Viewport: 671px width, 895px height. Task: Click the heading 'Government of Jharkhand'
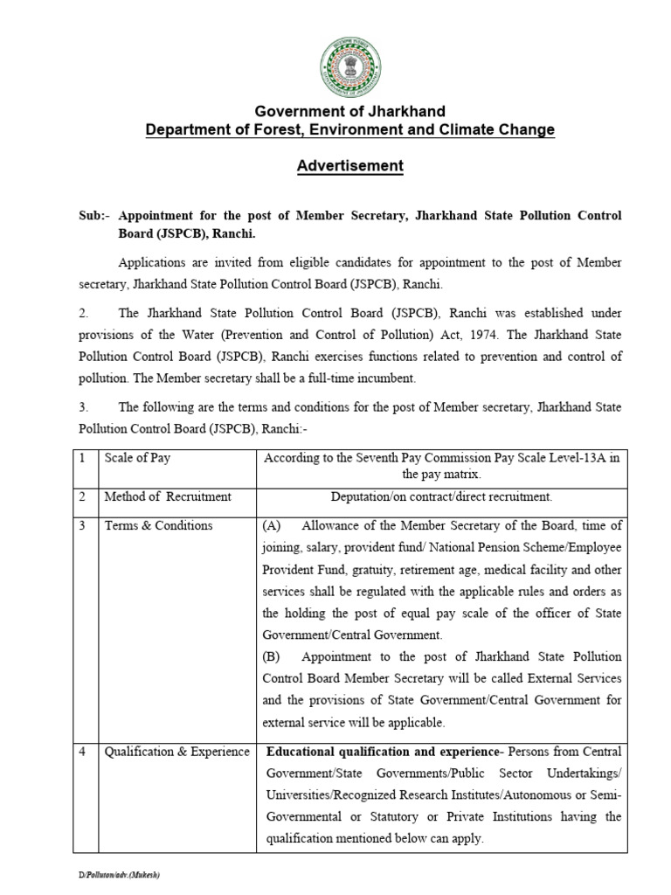point(349,112)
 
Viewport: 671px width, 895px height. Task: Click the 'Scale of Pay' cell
point(137,457)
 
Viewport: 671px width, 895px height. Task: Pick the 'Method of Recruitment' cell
point(168,496)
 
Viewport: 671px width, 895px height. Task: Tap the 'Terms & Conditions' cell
point(158,525)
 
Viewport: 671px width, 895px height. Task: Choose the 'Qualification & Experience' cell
point(177,752)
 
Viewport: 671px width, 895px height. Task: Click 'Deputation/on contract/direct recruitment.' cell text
point(442,496)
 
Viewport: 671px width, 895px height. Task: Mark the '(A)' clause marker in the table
point(271,525)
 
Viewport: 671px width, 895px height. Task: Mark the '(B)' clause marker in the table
point(271,656)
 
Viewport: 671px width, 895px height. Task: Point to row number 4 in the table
point(80,752)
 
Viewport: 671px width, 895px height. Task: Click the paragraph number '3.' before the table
point(84,406)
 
